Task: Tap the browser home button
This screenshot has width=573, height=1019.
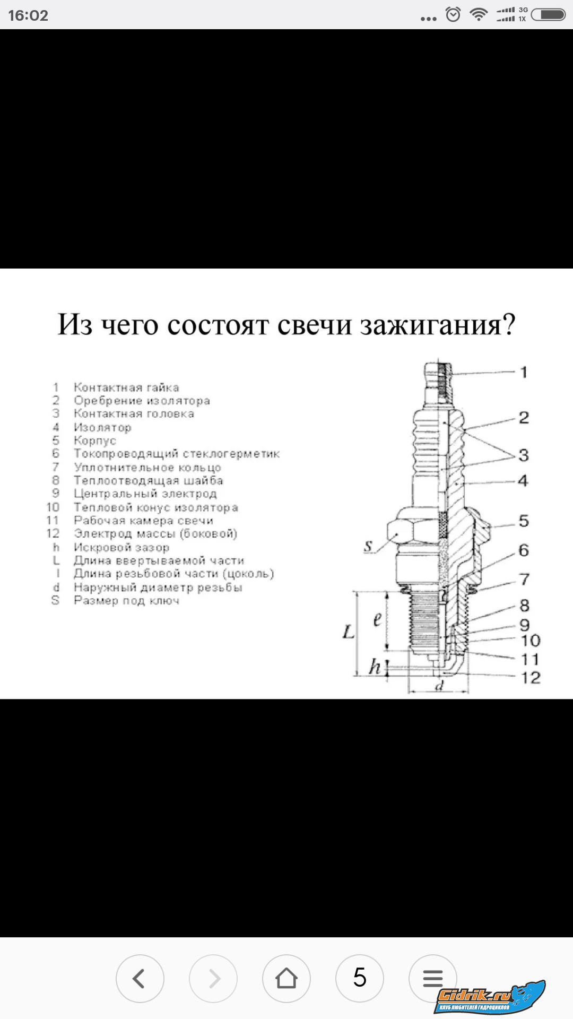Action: click(x=286, y=978)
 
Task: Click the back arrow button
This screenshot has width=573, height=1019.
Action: click(x=140, y=978)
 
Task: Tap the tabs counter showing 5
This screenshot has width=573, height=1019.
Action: click(x=360, y=978)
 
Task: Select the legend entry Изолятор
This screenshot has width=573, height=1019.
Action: click(x=102, y=427)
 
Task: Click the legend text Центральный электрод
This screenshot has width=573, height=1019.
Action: click(x=145, y=494)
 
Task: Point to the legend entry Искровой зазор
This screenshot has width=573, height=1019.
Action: click(x=121, y=547)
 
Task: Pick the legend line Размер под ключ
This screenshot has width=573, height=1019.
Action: click(x=126, y=600)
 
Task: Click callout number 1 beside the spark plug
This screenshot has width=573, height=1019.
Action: click(x=524, y=372)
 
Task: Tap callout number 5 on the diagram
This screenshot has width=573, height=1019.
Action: click(x=524, y=521)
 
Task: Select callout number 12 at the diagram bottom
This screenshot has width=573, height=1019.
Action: click(x=531, y=677)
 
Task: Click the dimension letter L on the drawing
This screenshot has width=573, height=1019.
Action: click(x=349, y=632)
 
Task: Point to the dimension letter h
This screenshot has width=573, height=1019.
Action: click(x=375, y=667)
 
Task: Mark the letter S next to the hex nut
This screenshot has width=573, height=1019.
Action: click(x=368, y=546)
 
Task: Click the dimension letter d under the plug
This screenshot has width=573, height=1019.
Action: click(x=439, y=686)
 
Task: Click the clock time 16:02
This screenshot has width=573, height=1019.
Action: click(x=28, y=15)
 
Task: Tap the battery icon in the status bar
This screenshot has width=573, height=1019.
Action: click(x=549, y=14)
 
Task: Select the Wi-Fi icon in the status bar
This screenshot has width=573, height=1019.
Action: click(x=479, y=14)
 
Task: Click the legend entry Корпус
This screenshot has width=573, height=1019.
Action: click(x=95, y=441)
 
